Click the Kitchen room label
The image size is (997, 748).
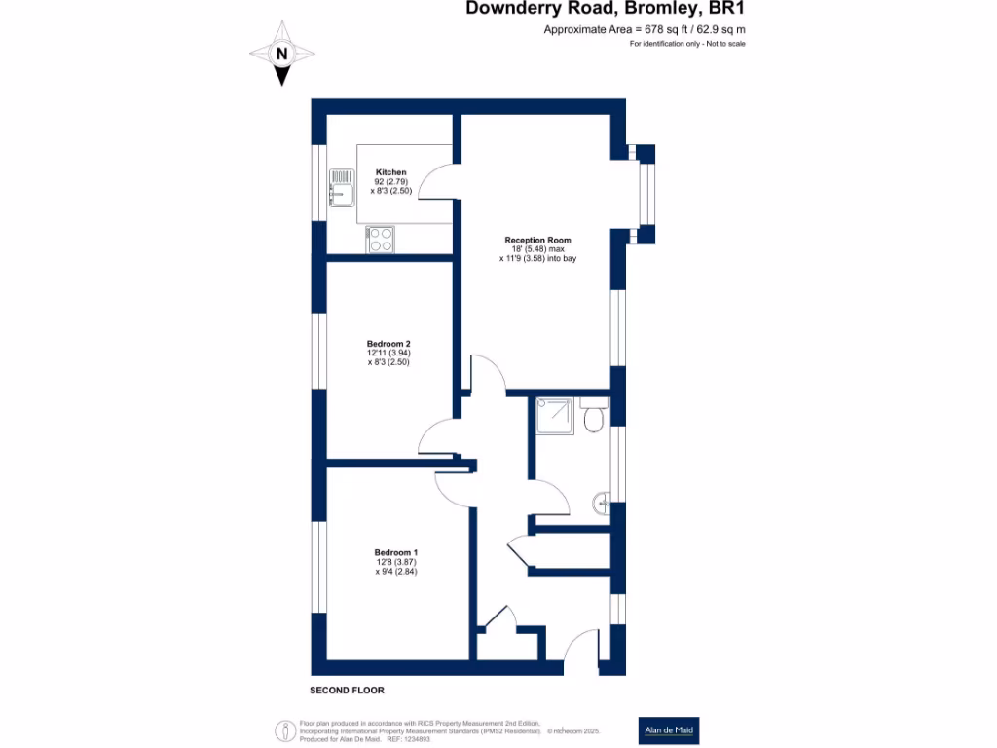pyautogui.click(x=390, y=172)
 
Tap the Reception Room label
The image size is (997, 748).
pyautogui.click(x=537, y=240)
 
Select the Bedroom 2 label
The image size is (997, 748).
pyautogui.click(x=388, y=344)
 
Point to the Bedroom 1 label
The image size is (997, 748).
pyautogui.click(x=396, y=553)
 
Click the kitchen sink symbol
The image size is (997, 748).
pyautogui.click(x=342, y=188)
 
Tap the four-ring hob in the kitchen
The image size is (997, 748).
pyautogui.click(x=381, y=240)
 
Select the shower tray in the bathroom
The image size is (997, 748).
pyautogui.click(x=555, y=416)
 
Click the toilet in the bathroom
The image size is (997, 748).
pyautogui.click(x=593, y=415)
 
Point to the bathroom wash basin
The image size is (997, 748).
pyautogui.click(x=602, y=504)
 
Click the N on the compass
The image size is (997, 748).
pyautogui.click(x=281, y=55)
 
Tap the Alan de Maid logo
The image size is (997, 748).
pyautogui.click(x=669, y=730)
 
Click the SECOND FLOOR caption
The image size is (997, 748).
pyautogui.click(x=348, y=691)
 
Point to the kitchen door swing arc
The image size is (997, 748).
pyautogui.click(x=436, y=181)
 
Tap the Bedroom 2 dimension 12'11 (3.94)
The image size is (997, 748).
pyautogui.click(x=388, y=353)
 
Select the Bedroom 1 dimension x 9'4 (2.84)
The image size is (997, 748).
pyautogui.click(x=396, y=571)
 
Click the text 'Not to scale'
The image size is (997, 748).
pyautogui.click(x=725, y=44)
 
